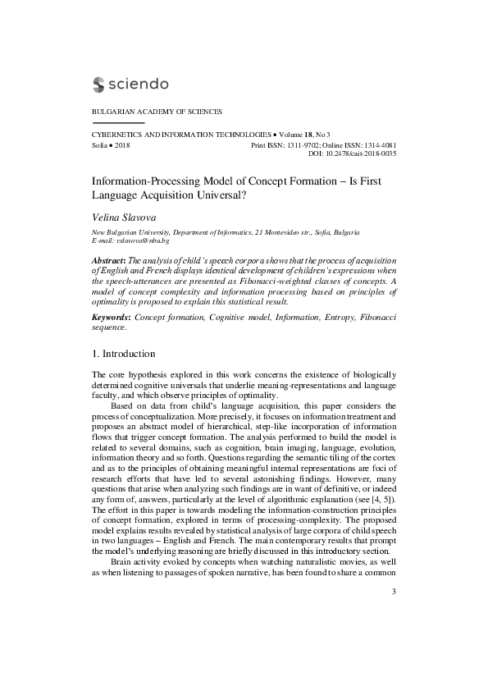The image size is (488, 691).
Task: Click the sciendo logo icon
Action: click(x=99, y=84)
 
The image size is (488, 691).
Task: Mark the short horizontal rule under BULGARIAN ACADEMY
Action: click(x=112, y=122)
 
